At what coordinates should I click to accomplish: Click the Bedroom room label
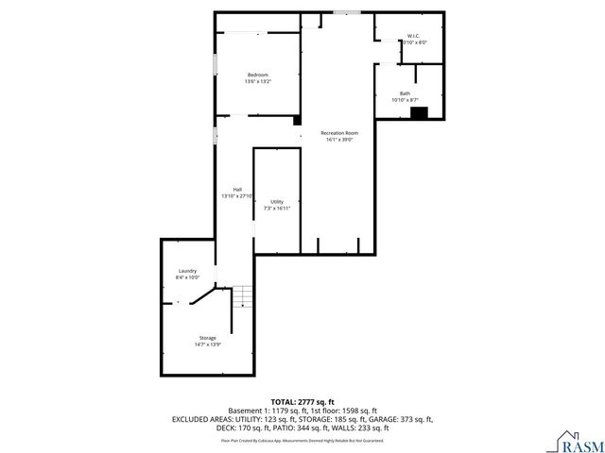point(257,75)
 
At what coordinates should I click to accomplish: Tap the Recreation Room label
point(339,133)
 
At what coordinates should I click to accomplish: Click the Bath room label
point(405,93)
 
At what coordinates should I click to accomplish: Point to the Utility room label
point(277,202)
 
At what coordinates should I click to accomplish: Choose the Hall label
point(237,190)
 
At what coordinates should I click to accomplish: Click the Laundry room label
point(187,271)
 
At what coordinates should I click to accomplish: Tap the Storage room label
point(207,338)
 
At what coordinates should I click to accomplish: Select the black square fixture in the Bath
point(419,112)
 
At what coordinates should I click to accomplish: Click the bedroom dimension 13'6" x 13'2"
point(257,82)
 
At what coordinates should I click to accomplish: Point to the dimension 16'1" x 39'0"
point(339,141)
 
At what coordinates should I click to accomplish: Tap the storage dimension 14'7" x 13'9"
point(207,344)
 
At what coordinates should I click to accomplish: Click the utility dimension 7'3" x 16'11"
point(277,209)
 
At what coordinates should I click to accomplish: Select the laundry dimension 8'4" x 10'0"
point(187,277)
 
